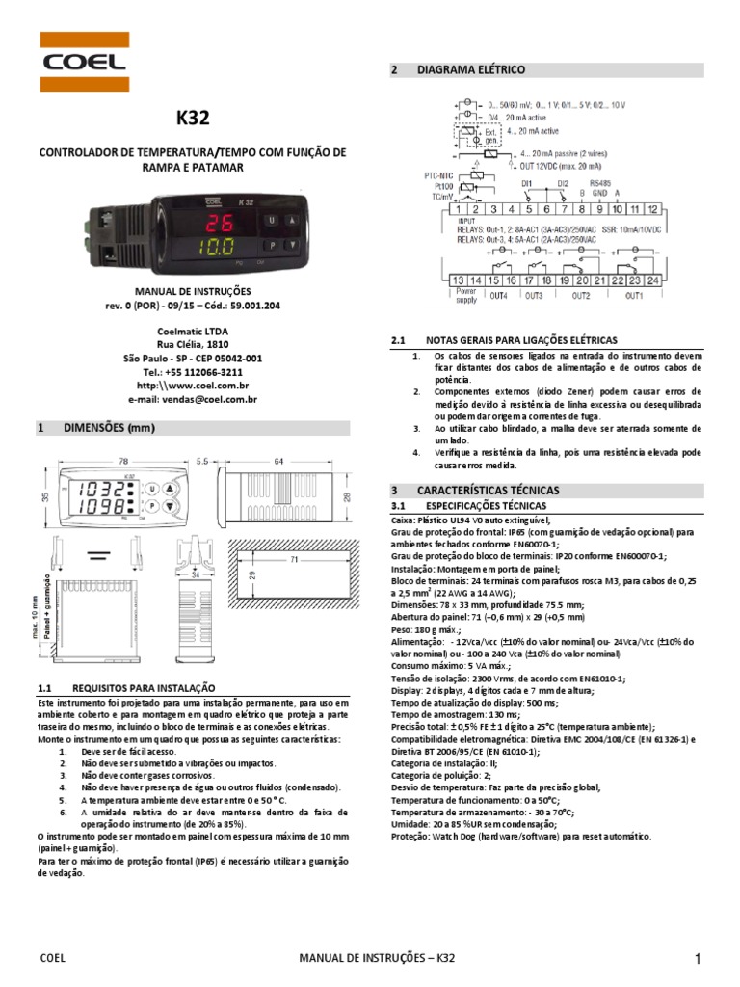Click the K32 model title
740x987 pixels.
(192, 119)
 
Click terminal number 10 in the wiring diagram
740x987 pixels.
(617, 209)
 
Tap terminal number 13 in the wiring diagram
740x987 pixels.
(461, 280)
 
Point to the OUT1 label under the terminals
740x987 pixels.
(633, 295)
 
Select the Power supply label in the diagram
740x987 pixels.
(467, 295)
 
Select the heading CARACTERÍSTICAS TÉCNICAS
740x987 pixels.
(488, 491)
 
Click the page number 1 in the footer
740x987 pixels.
(695, 958)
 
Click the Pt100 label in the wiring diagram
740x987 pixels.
(443, 186)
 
